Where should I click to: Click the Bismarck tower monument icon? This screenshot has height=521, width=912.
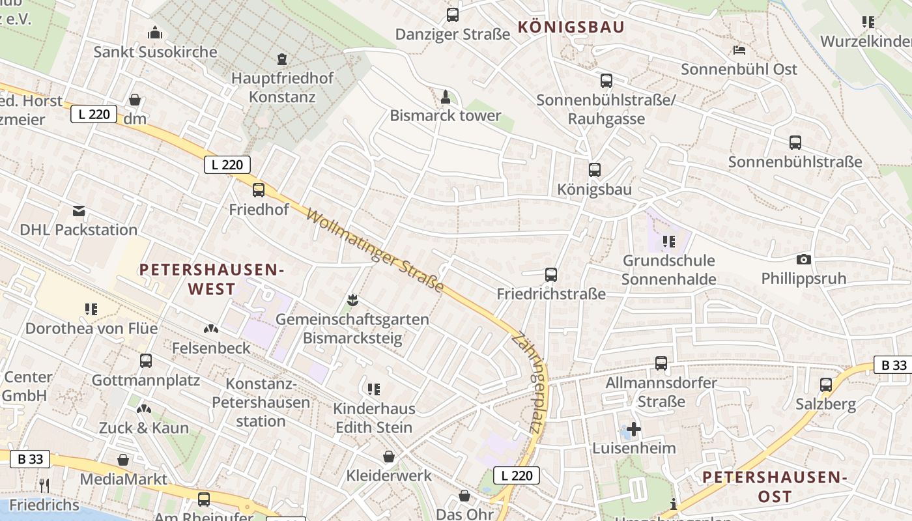(x=446, y=98)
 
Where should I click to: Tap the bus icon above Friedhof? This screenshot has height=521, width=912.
(x=259, y=190)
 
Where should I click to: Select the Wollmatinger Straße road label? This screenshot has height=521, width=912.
(x=375, y=251)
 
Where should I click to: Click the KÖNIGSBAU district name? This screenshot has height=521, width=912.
(x=571, y=27)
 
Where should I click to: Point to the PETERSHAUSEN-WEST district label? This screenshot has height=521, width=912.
(x=212, y=279)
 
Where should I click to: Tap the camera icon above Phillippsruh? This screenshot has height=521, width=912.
(x=804, y=259)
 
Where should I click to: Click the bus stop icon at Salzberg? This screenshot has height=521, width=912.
(x=826, y=385)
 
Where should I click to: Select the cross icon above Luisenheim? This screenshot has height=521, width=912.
(x=634, y=429)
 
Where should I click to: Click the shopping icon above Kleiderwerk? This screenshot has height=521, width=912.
(x=389, y=457)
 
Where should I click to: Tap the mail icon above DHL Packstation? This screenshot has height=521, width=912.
(x=79, y=210)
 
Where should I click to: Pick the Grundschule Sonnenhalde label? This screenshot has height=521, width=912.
(x=668, y=270)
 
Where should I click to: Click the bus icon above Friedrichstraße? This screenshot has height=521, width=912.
(x=551, y=275)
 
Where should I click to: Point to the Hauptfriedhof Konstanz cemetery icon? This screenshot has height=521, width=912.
(x=281, y=59)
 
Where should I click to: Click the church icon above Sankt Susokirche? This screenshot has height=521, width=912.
(x=155, y=32)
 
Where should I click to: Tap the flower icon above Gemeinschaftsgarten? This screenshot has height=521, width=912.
(x=352, y=300)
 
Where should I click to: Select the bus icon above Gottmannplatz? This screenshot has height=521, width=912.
(x=146, y=361)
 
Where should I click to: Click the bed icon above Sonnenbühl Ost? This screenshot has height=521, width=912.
(x=739, y=49)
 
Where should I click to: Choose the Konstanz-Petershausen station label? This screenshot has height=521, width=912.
(x=261, y=402)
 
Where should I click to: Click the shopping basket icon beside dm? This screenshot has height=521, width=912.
(x=135, y=100)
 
